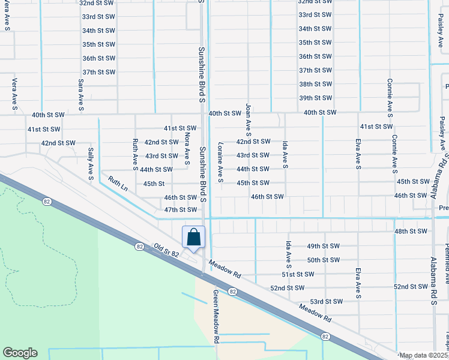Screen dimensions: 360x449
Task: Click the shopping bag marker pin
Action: [x=193, y=237]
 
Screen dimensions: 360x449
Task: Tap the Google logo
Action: [x=20, y=353]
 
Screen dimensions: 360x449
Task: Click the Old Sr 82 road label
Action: [x=167, y=250]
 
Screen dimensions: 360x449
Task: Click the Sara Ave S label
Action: [x=80, y=94]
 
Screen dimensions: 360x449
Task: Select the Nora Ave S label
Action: [x=187, y=149]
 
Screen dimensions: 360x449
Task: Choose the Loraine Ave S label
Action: [x=220, y=162]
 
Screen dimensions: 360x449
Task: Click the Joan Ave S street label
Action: [x=248, y=120]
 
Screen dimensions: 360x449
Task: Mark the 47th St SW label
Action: [x=180, y=209]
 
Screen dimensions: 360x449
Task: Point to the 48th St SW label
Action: [x=411, y=231]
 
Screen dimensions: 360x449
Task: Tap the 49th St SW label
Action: [x=323, y=246]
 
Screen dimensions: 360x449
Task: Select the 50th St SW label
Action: [x=323, y=260]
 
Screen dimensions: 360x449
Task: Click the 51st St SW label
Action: [x=297, y=274]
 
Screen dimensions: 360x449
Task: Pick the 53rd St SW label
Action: [x=326, y=301]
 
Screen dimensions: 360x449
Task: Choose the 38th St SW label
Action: [x=315, y=84]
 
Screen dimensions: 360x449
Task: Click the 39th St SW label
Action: [x=315, y=98]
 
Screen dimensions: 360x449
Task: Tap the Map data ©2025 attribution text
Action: [x=423, y=356]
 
